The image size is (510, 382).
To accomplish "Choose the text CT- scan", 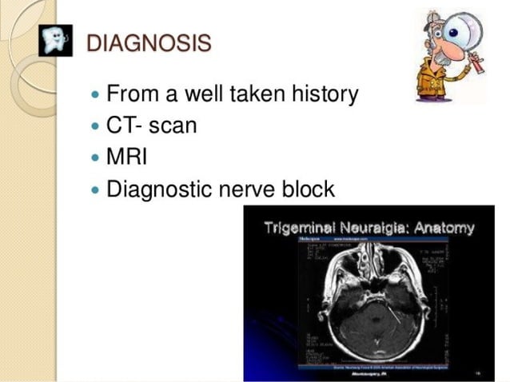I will pos(151,126).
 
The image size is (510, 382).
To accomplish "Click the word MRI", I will pos(126,157).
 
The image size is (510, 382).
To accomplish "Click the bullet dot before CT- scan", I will pos(97,127).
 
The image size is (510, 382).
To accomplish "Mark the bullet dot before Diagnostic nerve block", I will pos(97,191).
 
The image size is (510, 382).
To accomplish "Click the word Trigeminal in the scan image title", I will pos(300,228).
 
